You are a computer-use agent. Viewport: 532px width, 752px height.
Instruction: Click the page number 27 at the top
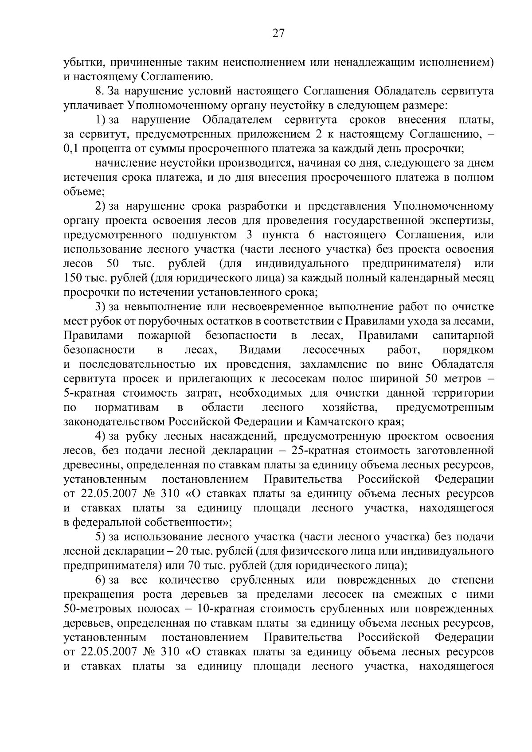(278, 34)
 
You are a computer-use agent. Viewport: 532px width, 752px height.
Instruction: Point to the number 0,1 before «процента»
(71, 148)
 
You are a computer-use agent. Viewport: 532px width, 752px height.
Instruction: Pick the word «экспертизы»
(464, 221)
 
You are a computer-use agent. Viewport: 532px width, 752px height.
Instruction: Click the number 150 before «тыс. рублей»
(72, 278)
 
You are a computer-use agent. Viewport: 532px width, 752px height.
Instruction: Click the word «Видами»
(260, 350)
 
